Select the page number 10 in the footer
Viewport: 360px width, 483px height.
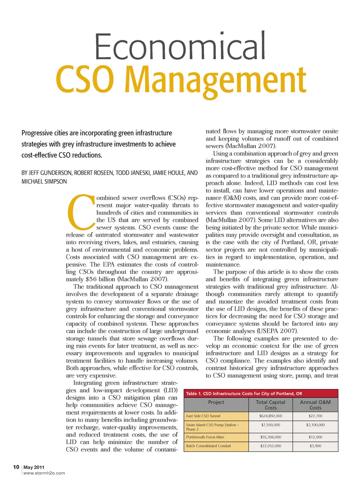(16, 467)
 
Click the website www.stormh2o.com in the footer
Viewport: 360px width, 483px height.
(44, 473)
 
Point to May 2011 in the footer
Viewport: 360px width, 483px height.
(34, 467)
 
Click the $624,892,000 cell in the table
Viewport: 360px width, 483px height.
(270, 416)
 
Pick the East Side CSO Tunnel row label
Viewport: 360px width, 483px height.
(203, 416)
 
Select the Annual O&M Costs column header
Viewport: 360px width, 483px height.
(315, 405)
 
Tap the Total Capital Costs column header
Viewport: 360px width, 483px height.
(270, 405)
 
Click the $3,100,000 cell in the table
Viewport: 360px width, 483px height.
(315, 425)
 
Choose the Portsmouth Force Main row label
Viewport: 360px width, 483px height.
(205, 437)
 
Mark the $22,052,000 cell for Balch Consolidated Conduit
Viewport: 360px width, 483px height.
(270, 446)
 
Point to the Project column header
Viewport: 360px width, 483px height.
(216, 402)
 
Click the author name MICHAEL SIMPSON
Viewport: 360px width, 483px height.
(44, 182)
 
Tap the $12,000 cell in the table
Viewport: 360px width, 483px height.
(315, 437)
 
